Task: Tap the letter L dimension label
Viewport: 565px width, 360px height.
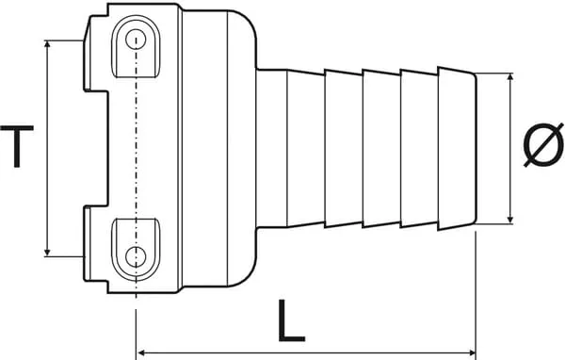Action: click(294, 323)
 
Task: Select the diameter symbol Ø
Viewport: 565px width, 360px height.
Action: click(543, 148)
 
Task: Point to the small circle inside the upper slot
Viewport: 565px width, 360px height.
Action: click(137, 40)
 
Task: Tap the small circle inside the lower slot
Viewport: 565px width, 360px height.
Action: click(137, 255)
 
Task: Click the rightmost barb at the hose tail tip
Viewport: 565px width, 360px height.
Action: click(457, 147)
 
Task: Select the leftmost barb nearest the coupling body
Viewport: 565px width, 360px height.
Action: click(306, 147)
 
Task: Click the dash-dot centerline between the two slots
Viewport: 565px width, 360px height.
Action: click(137, 147)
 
